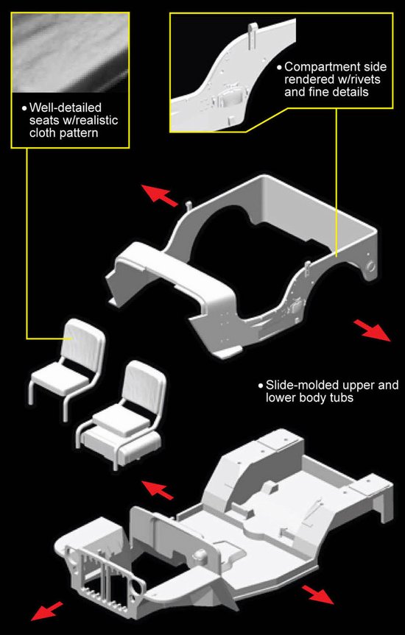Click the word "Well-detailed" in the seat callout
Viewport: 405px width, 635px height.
click(66, 107)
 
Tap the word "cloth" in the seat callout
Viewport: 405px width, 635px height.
click(42, 132)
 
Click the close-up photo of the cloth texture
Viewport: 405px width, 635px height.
click(71, 52)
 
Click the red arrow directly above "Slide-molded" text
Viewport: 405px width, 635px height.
click(372, 330)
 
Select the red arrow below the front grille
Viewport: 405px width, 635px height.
click(47, 611)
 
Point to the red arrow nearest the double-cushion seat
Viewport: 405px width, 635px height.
click(157, 489)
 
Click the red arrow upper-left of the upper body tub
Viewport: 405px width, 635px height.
click(159, 196)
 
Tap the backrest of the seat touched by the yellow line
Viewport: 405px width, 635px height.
click(82, 339)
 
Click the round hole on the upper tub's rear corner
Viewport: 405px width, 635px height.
click(370, 266)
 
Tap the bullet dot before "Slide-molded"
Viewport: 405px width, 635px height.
click(260, 385)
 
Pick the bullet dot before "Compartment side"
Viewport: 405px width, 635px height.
click(278, 67)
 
